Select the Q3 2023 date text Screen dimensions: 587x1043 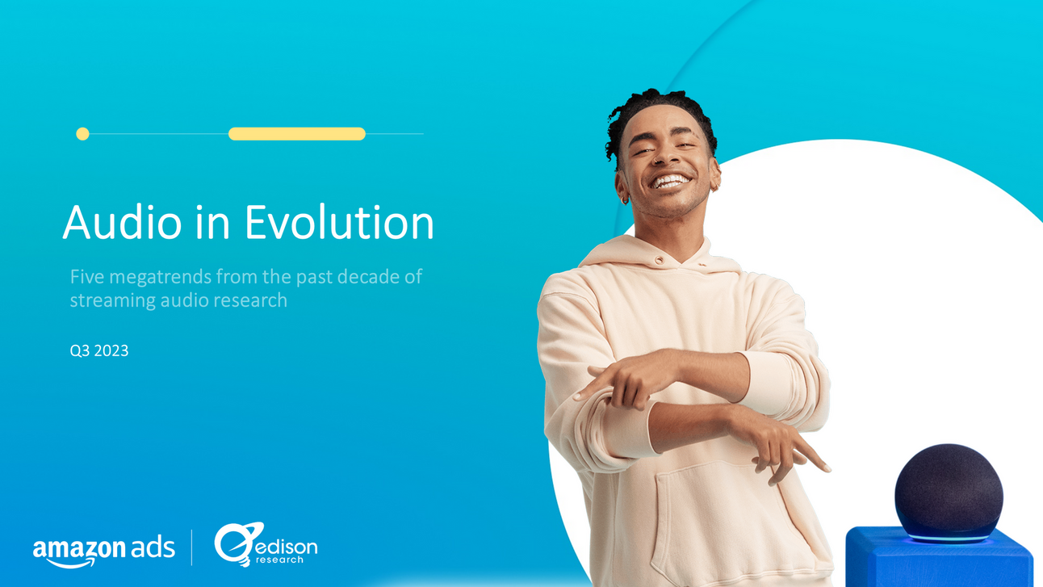tap(99, 351)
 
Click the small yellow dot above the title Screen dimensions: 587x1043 tap(82, 134)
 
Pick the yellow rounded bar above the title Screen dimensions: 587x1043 tap(297, 134)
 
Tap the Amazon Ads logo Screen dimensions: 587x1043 tap(103, 549)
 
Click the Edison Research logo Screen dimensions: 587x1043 tap(266, 544)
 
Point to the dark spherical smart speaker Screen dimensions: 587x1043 tap(949, 491)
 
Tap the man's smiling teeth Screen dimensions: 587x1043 tap(672, 180)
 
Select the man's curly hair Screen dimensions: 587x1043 tap(657, 109)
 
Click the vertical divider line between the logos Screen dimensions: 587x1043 tap(192, 547)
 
